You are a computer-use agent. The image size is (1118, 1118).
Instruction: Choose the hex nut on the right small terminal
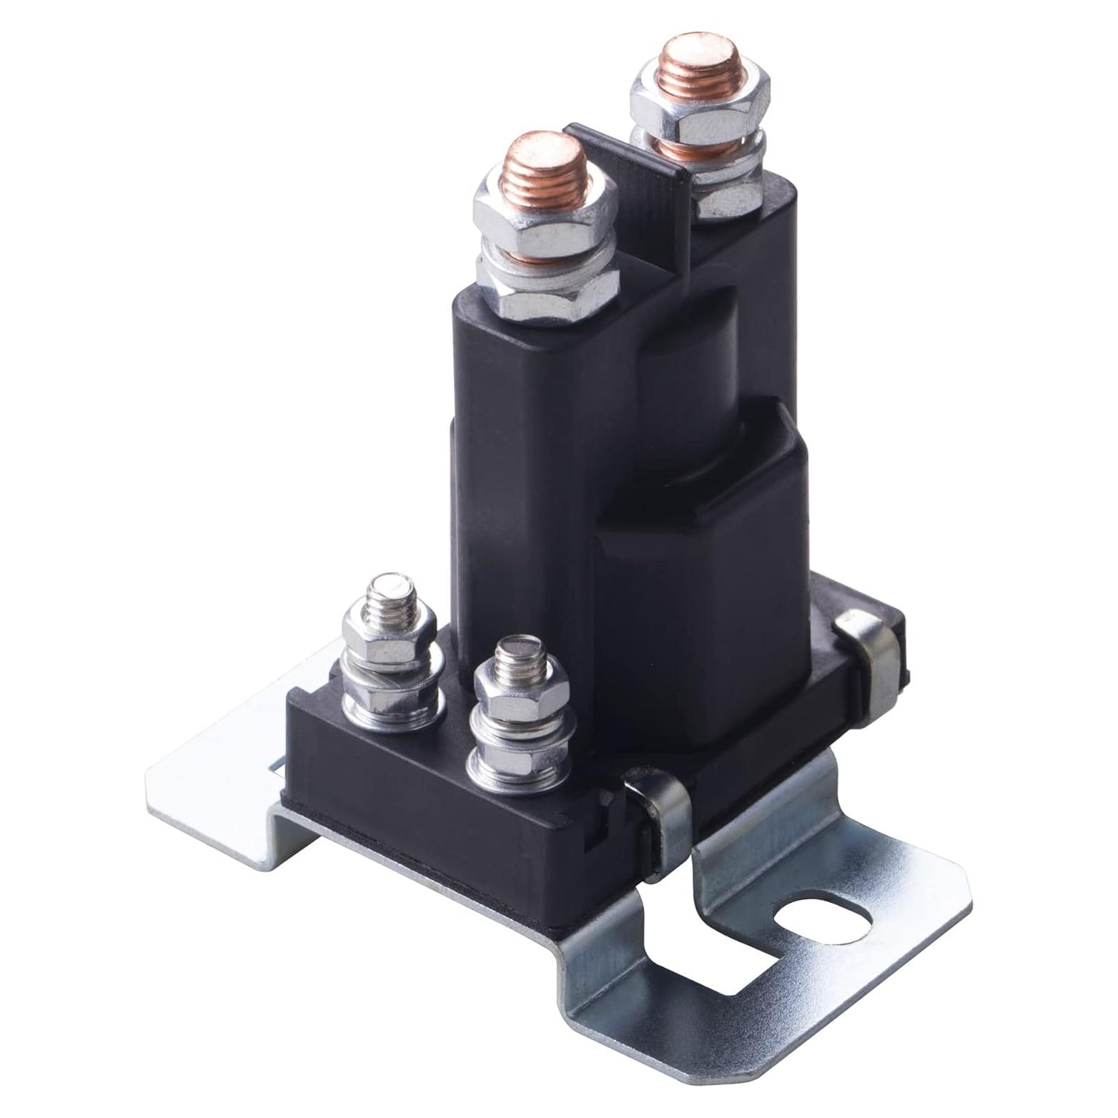coord(520,700)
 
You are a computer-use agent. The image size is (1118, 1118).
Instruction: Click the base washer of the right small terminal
coord(516,768)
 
